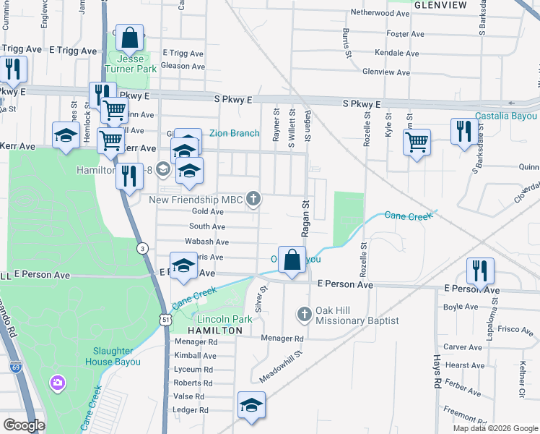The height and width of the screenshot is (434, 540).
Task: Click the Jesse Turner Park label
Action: (131, 64)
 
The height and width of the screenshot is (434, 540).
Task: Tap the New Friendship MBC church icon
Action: (253, 198)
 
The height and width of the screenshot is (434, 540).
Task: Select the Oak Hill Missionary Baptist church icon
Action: (304, 313)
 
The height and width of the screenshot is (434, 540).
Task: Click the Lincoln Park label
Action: (224, 319)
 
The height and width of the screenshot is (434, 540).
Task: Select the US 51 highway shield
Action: (167, 318)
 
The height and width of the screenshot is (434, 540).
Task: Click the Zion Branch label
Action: (235, 133)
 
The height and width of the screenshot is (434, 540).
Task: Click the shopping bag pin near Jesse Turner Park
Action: (129, 38)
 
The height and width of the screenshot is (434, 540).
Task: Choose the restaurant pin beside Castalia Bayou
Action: (462, 131)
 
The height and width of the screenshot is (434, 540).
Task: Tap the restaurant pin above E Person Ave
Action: (480, 271)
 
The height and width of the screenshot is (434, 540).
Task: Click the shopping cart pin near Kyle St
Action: (417, 141)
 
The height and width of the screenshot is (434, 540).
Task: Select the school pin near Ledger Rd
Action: (251, 405)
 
